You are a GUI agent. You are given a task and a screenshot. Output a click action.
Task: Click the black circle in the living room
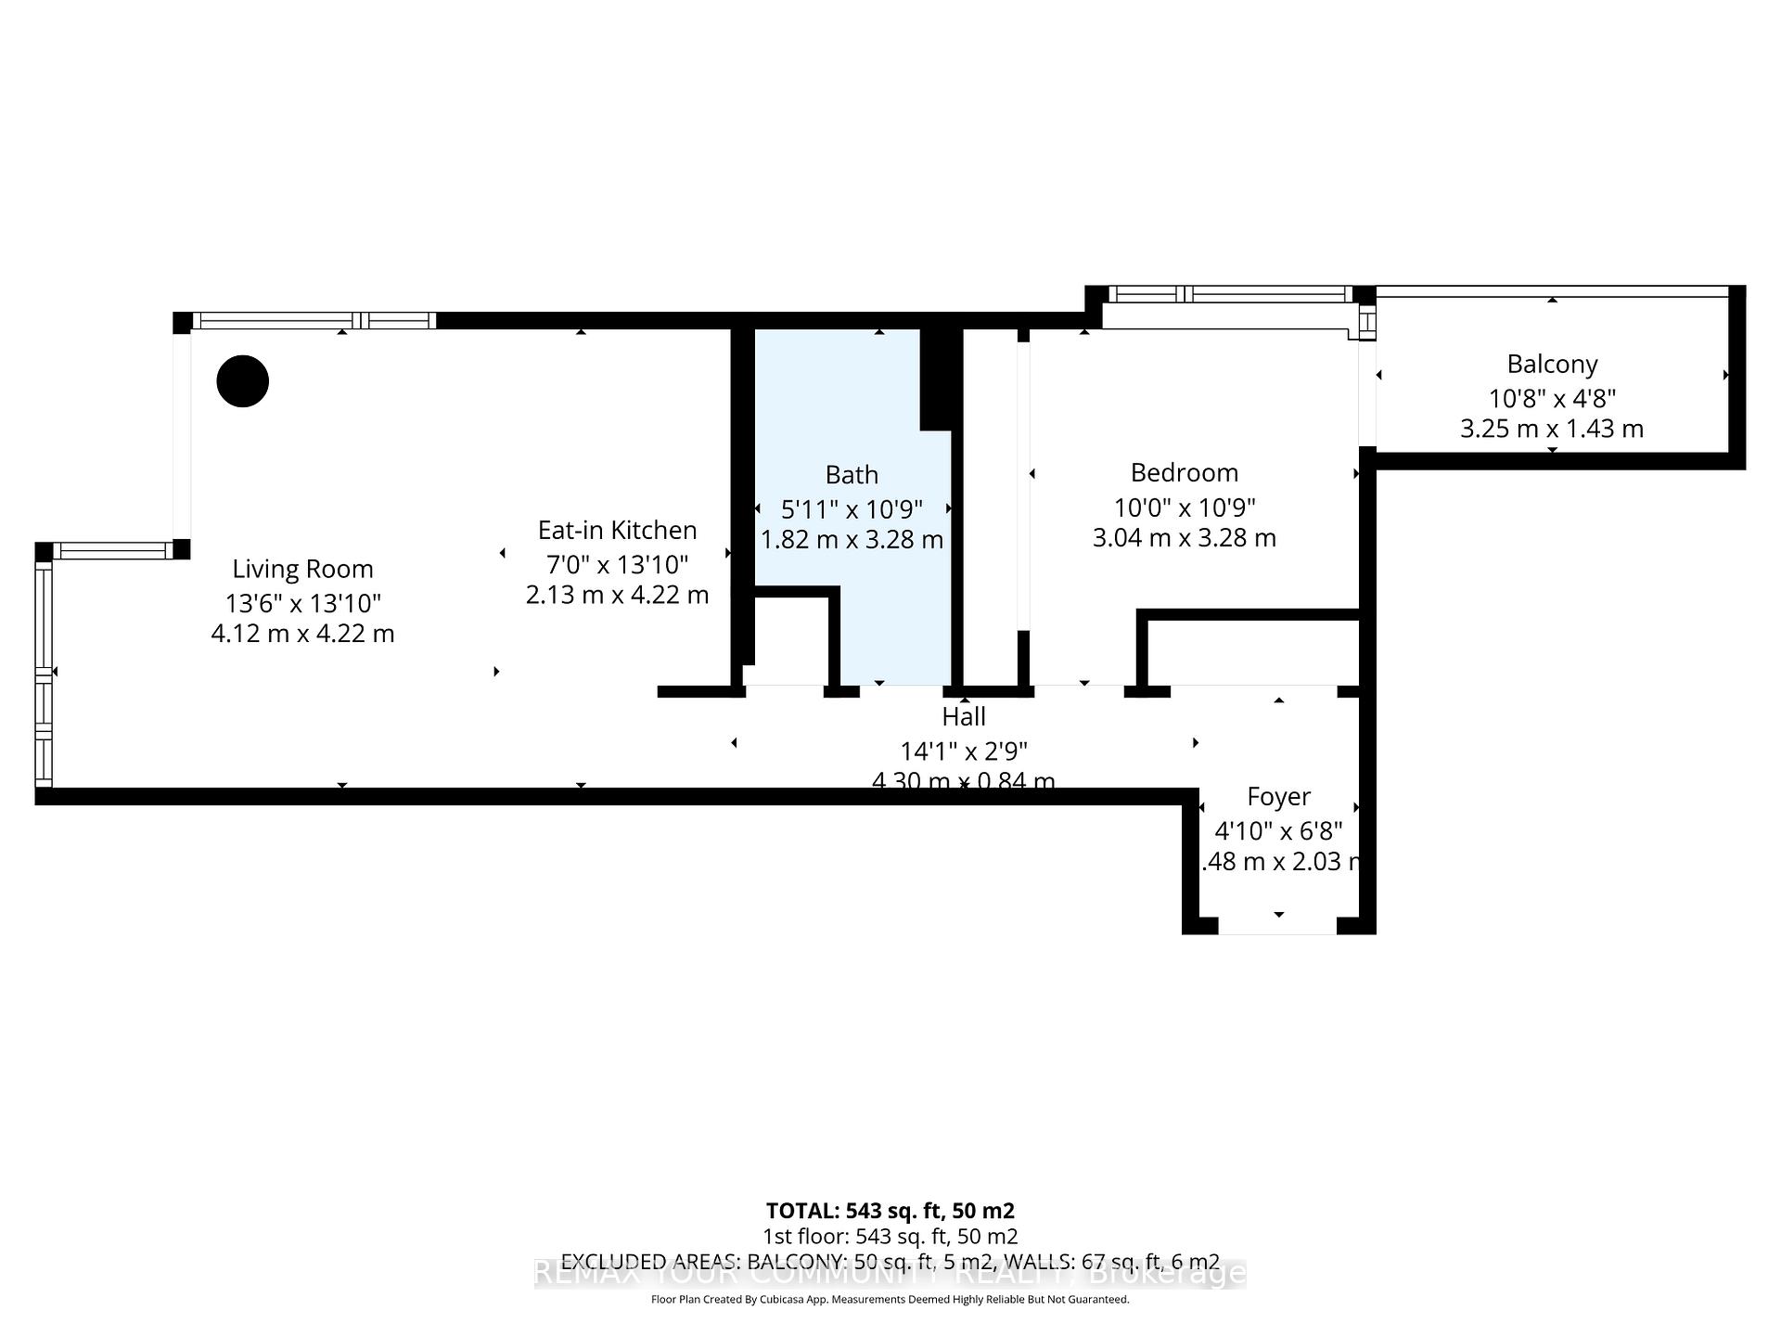click(x=243, y=381)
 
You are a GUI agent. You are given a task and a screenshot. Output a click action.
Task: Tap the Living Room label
click(x=302, y=569)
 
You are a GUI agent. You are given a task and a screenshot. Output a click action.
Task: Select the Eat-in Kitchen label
click(x=618, y=530)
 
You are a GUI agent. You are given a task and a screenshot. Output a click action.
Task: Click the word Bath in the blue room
click(x=852, y=475)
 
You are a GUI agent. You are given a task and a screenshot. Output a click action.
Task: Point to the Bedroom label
click(x=1185, y=472)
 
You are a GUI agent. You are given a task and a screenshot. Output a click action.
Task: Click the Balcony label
click(x=1552, y=364)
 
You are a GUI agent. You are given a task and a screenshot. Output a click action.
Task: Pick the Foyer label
click(x=1278, y=796)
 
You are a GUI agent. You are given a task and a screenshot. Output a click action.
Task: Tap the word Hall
click(x=964, y=716)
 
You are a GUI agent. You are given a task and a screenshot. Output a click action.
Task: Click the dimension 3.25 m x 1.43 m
click(x=1552, y=429)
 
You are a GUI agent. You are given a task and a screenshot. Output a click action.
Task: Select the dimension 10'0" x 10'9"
click(x=1185, y=507)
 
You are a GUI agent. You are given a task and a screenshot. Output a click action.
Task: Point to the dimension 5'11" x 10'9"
click(x=852, y=509)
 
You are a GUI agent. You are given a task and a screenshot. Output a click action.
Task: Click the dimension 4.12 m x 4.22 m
click(x=302, y=634)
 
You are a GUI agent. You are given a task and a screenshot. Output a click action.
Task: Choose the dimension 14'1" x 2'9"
click(x=964, y=751)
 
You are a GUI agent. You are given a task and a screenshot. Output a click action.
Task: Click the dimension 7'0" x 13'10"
click(x=618, y=564)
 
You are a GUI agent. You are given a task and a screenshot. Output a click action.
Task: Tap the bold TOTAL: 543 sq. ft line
click(x=890, y=1211)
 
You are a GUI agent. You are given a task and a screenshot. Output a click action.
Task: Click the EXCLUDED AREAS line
click(x=890, y=1262)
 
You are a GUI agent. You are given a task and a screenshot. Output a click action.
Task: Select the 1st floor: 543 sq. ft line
click(x=890, y=1236)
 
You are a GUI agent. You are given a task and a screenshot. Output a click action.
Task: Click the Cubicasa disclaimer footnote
click(x=890, y=1300)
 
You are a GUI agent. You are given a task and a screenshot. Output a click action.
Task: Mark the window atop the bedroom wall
click(x=1230, y=294)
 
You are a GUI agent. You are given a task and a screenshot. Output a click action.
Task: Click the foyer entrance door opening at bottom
click(x=1277, y=926)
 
